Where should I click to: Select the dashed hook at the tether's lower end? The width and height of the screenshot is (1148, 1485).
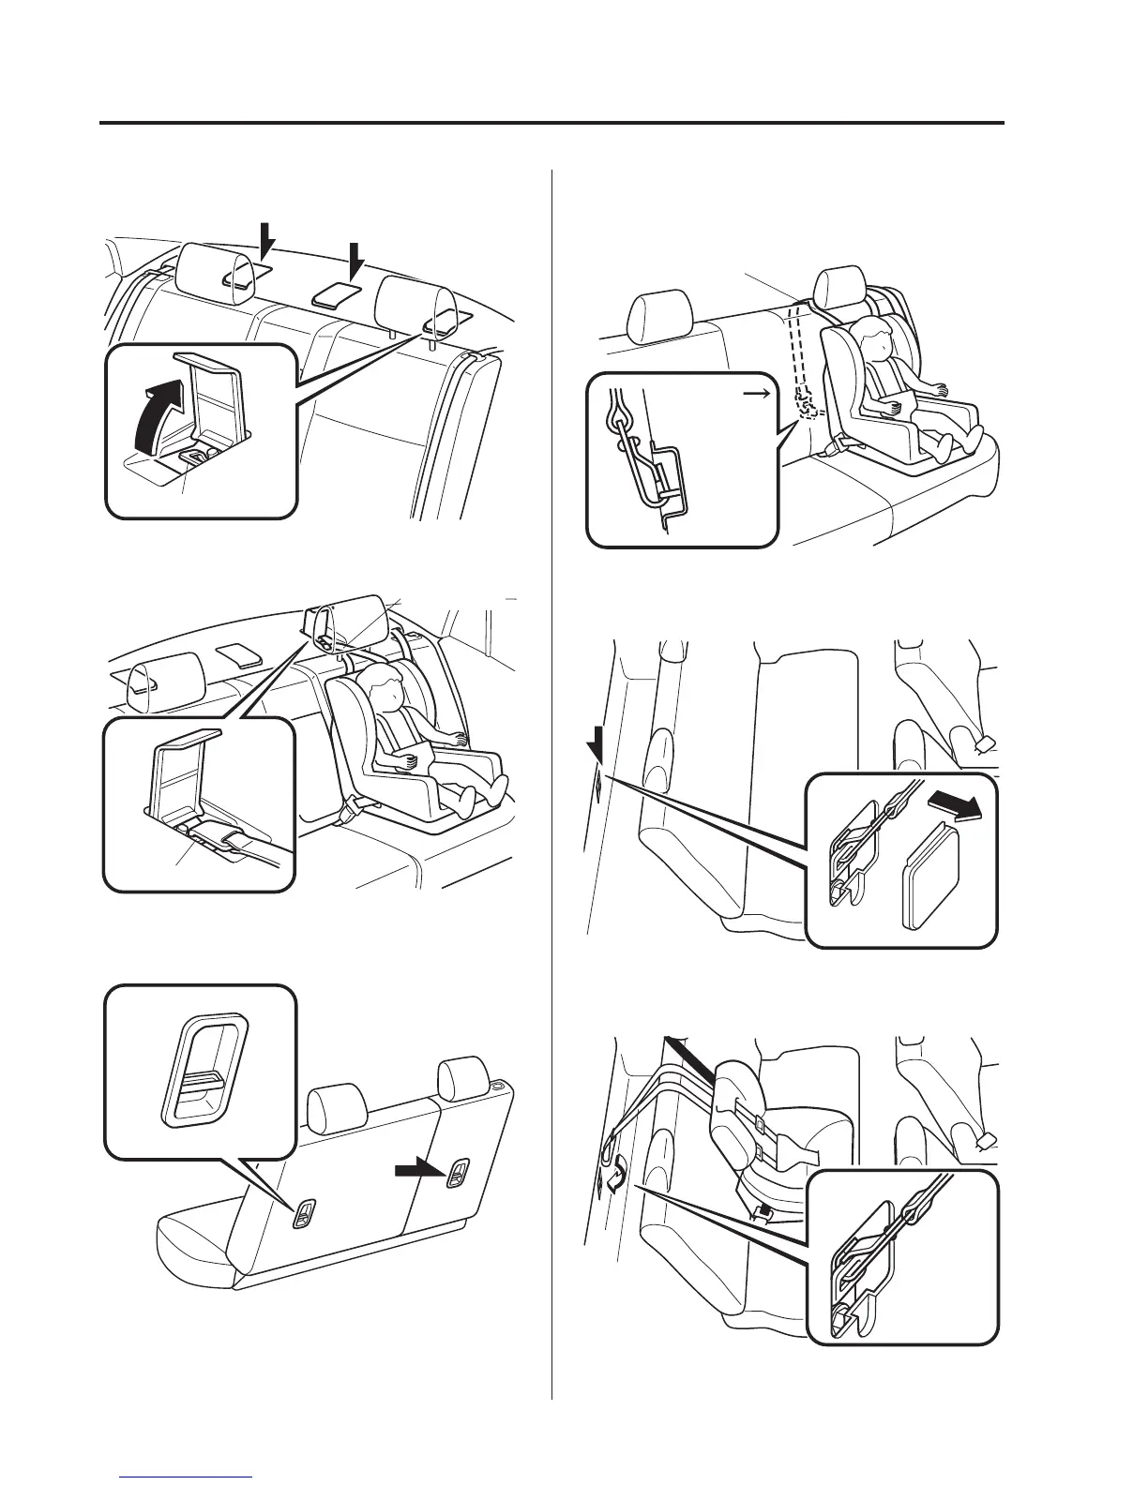click(x=806, y=405)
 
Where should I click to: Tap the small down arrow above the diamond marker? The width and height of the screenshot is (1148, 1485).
click(x=593, y=748)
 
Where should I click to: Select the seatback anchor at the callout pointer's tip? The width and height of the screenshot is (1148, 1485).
click(x=306, y=1214)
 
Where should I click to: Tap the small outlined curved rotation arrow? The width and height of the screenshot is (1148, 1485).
click(x=616, y=1182)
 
